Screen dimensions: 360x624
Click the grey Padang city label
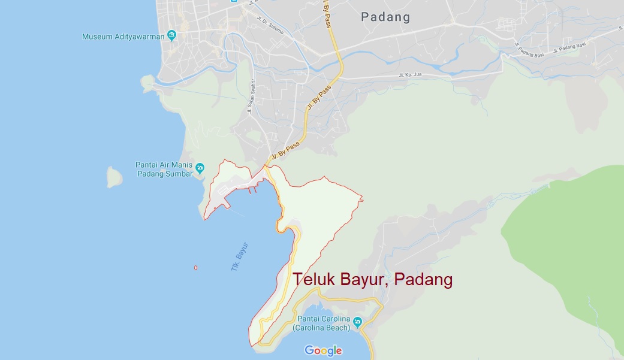tap(385, 17)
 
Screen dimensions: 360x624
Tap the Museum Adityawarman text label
tap(123, 37)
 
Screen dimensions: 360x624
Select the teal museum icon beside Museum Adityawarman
tap(172, 35)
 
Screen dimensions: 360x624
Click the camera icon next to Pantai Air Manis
tap(200, 168)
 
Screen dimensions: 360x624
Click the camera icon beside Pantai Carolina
tap(357, 323)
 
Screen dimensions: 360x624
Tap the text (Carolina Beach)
tap(321, 328)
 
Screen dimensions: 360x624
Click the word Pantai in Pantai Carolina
tap(308, 319)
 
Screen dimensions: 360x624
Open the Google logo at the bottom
tap(323, 350)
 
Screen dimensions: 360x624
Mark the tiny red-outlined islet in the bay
tap(195, 267)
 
